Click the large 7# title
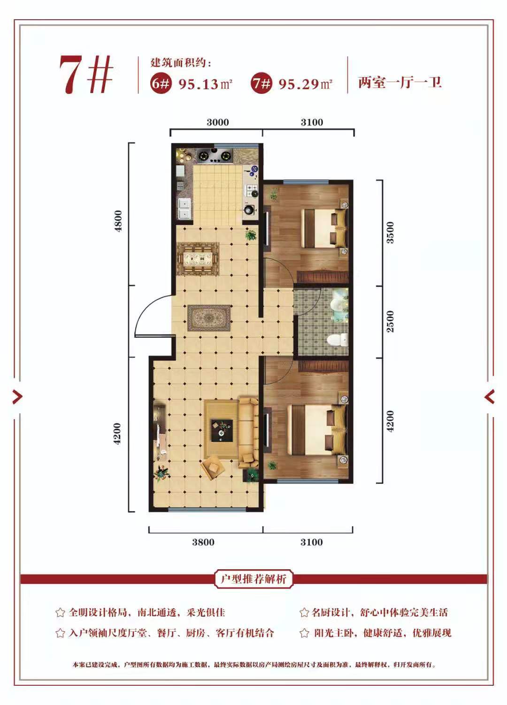pos(86,75)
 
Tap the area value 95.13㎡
pos(205,84)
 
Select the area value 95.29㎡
pos(306,84)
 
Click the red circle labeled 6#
pos(161,84)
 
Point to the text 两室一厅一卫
pos(399,83)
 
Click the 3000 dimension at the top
pos(218,122)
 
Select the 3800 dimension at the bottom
pos(203,542)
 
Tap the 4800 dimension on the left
pos(118,221)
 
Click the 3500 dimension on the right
pos(390,232)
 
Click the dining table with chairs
pos(198,259)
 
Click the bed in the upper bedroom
pos(324,228)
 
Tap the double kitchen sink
pos(184,209)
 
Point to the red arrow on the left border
pos(18,396)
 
